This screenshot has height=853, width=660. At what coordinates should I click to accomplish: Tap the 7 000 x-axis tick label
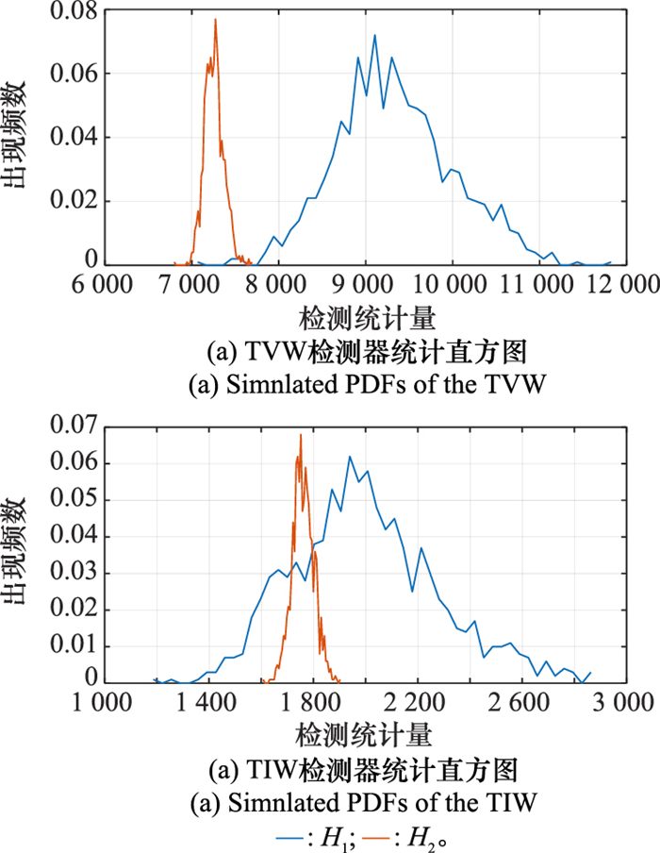(x=191, y=282)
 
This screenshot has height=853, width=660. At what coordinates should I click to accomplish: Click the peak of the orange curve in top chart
(x=215, y=19)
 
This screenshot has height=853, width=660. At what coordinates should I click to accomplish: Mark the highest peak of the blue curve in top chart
(x=374, y=36)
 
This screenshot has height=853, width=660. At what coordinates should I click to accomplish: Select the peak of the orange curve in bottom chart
(x=301, y=435)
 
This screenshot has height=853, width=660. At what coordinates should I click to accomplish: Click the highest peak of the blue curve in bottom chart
(x=350, y=457)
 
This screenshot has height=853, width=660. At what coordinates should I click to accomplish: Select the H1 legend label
(x=331, y=835)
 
